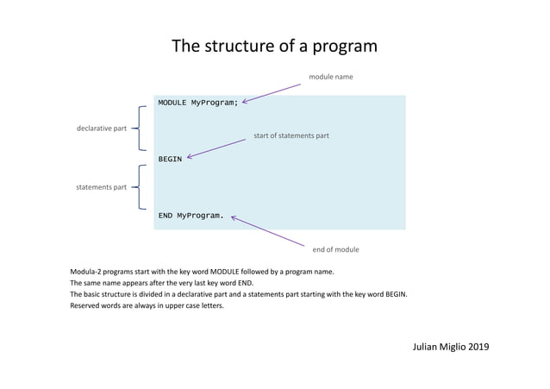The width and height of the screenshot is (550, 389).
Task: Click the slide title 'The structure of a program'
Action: [274, 46]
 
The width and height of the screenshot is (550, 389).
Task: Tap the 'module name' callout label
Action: [331, 77]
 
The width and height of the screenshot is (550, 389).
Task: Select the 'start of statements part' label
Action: [291, 135]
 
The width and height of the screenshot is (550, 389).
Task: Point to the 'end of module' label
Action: [335, 249]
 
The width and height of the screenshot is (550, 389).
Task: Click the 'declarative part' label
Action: [102, 128]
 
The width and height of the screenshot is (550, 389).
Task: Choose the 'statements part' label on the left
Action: [102, 187]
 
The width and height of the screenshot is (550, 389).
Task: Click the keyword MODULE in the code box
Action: [172, 103]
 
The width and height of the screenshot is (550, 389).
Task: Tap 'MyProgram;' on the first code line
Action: [214, 103]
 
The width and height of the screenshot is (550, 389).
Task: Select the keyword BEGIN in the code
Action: [170, 159]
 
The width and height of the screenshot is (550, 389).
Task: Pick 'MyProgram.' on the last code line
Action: [200, 216]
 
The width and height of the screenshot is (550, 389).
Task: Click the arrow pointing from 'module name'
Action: [274, 92]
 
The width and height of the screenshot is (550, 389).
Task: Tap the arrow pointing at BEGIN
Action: [216, 148]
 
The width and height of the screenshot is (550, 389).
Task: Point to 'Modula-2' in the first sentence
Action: [86, 272]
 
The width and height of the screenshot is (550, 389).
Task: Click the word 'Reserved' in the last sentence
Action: [86, 304]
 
